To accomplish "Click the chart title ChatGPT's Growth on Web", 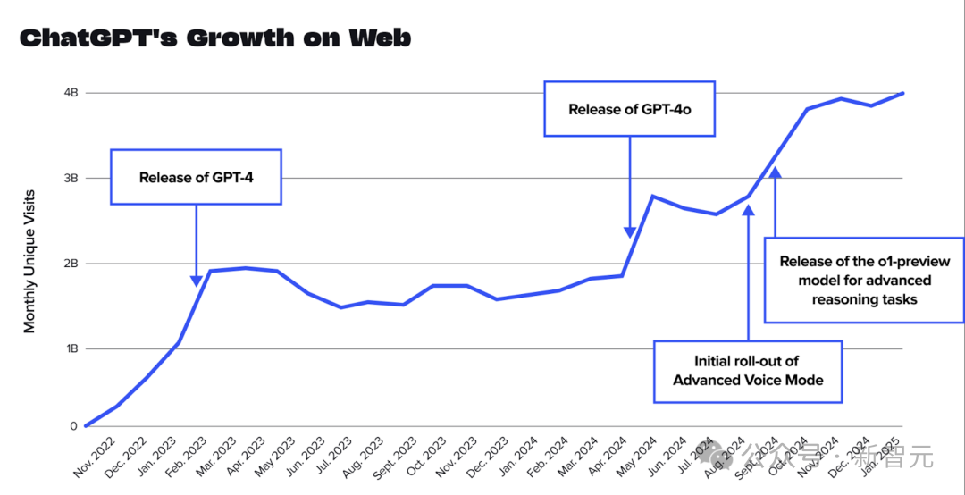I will point(214,38).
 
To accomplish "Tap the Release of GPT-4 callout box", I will point(196,177).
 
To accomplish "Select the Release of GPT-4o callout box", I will point(630,109).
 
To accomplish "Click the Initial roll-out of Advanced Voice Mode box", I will point(747,371).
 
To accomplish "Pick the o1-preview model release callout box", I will point(864,280).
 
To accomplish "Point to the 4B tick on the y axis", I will point(71,93).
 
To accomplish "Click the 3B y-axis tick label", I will point(71,178).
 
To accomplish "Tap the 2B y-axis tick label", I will point(71,264).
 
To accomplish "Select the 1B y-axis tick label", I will point(71,348).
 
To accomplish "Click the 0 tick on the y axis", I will point(74,426).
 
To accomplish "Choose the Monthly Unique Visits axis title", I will point(30,261).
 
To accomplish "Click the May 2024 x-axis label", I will point(641,457).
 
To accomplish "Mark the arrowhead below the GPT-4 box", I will point(197,281).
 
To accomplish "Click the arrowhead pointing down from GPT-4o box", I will point(630,232).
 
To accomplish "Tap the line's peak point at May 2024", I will point(653,196).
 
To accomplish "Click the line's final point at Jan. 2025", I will point(903,93).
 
